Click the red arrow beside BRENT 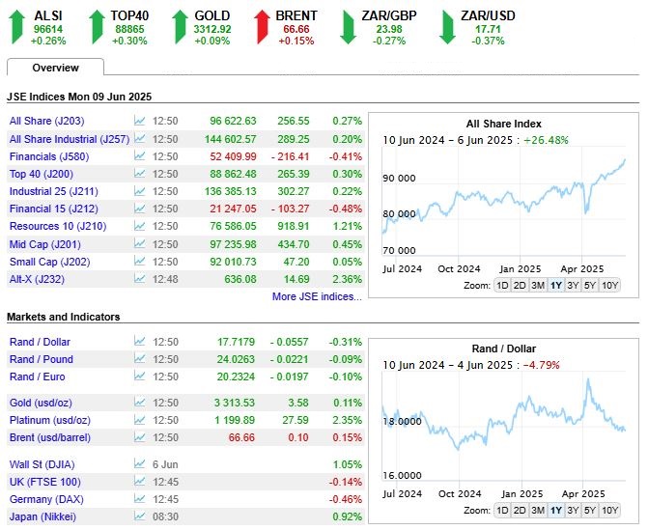point(262,27)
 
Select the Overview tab point(55,68)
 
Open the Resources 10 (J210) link point(58,226)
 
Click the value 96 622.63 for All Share point(233,121)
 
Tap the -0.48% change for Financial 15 point(346,209)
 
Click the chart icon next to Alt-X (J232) point(140,279)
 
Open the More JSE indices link point(317,296)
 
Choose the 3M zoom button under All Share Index point(538,286)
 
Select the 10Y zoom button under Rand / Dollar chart point(610,510)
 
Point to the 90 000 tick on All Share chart point(399,178)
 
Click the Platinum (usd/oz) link point(50,420)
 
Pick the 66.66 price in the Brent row point(241,437)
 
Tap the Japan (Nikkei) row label point(42,516)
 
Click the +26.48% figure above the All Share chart point(547,140)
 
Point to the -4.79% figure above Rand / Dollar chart point(542,365)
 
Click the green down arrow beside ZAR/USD point(447,27)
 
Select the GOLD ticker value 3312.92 point(212,29)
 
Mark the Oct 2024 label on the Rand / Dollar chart point(460,493)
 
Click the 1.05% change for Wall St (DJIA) point(348,464)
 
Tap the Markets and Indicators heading point(63,317)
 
